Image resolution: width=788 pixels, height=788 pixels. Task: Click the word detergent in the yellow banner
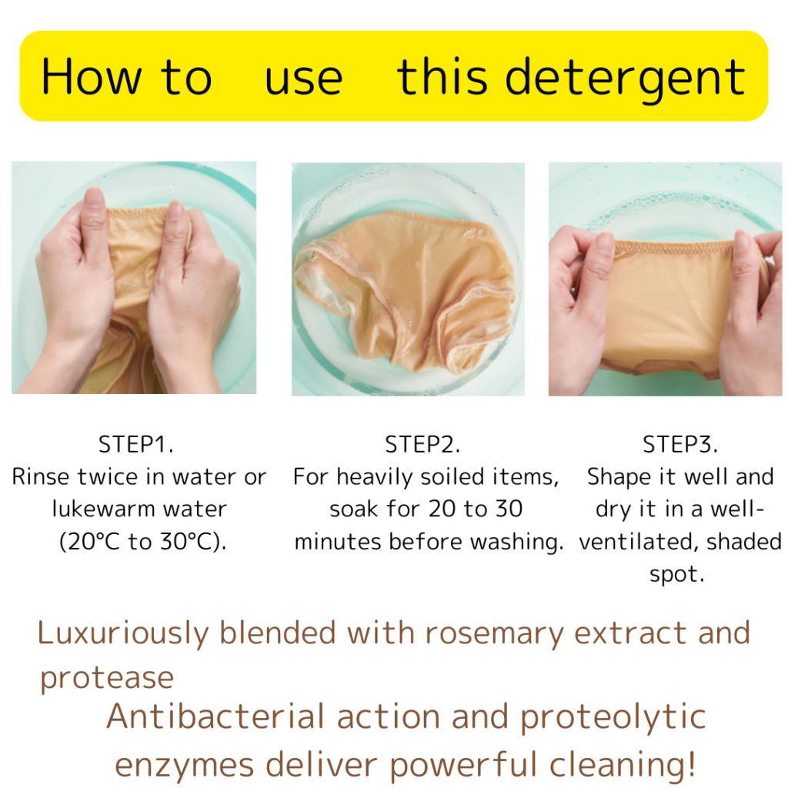point(625,78)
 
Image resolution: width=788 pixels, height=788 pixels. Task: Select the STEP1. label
point(135,444)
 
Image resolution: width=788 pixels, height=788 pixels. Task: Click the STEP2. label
point(422,444)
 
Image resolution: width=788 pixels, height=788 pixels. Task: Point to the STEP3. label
point(680,444)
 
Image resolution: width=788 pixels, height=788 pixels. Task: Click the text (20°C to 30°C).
point(142,542)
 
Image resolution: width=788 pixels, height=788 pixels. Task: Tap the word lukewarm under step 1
point(104,509)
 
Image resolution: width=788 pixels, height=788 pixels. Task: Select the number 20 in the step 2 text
point(442,509)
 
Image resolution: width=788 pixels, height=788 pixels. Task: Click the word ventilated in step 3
point(638,542)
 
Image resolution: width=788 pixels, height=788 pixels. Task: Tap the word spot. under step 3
point(676,574)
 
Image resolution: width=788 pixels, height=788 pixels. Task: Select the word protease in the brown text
point(107,679)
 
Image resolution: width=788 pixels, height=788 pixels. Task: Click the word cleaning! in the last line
point(622,766)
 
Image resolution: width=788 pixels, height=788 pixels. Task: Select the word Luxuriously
point(123,634)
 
